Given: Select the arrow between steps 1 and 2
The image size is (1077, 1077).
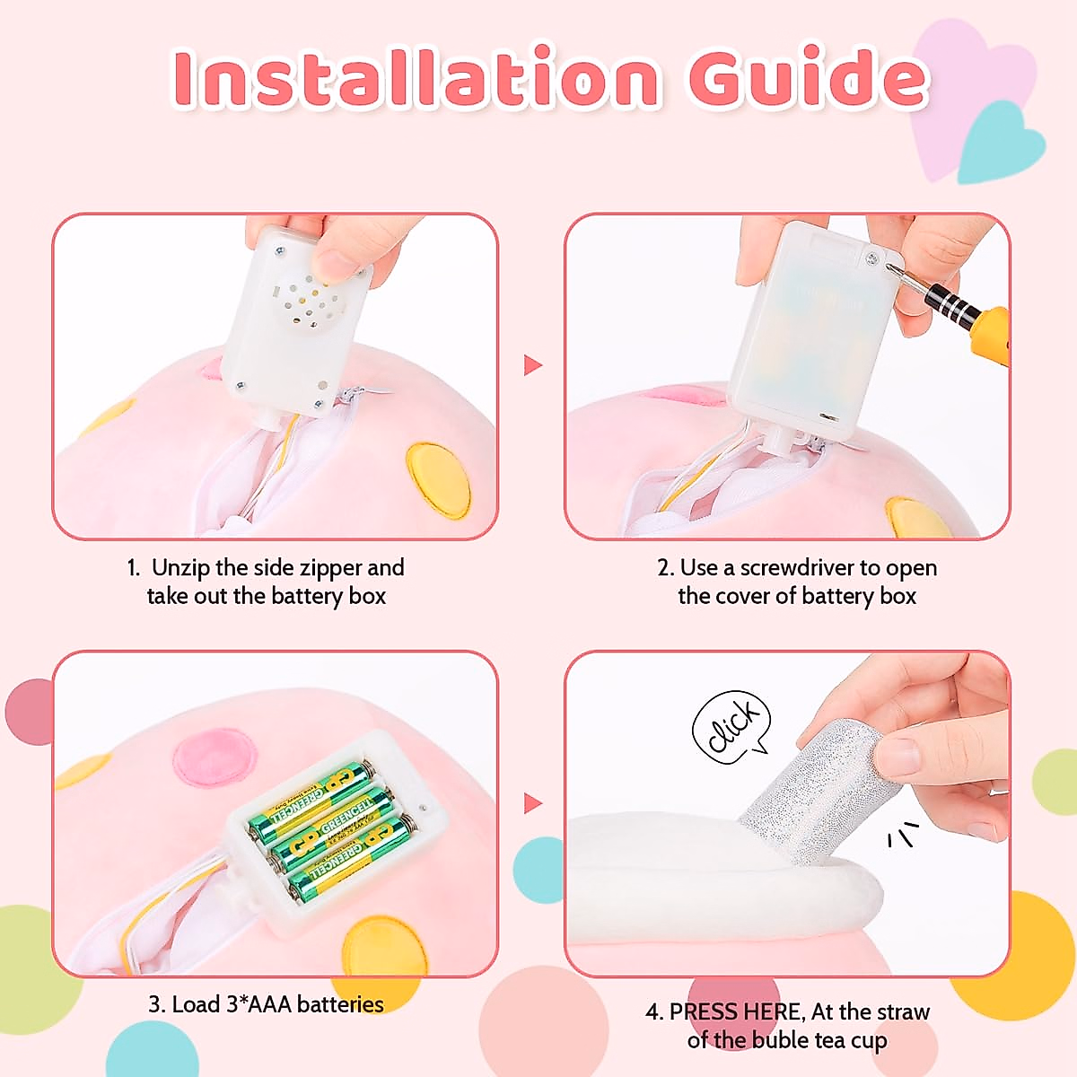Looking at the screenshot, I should pyautogui.click(x=533, y=364).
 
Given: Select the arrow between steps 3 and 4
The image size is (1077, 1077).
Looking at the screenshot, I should pyautogui.click(x=533, y=802).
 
